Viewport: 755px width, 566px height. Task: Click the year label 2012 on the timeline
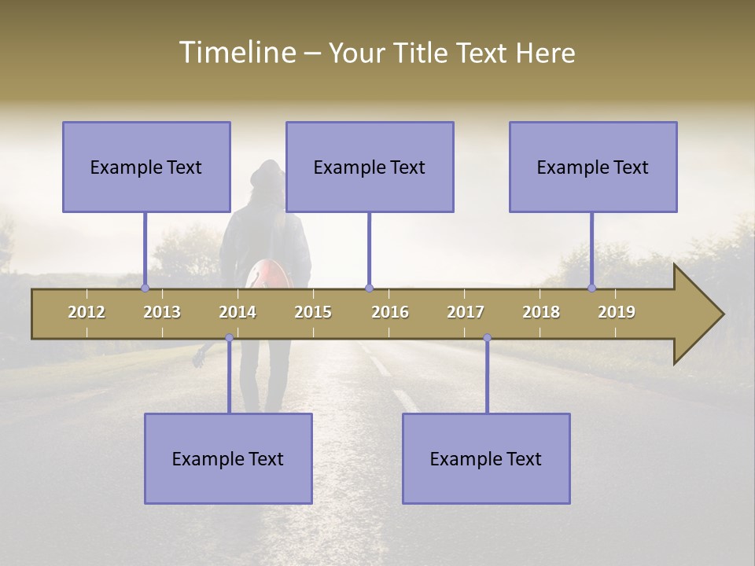click(x=87, y=312)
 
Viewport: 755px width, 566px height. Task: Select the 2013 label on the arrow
click(x=162, y=312)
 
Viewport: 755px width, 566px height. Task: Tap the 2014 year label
click(x=238, y=312)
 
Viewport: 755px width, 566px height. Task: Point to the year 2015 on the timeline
click(x=313, y=312)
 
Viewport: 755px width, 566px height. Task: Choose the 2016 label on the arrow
click(x=390, y=312)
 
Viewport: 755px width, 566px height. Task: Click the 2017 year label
click(x=466, y=312)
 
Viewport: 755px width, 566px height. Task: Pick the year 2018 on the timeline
click(x=541, y=312)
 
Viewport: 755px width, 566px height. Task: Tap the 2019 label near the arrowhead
click(x=617, y=312)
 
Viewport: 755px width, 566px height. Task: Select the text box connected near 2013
click(x=146, y=167)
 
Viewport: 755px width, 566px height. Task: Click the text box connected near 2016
click(x=370, y=167)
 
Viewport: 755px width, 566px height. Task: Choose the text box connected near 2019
click(x=593, y=167)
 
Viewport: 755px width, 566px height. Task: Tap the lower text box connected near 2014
click(x=228, y=458)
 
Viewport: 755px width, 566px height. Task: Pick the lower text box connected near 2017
click(x=486, y=458)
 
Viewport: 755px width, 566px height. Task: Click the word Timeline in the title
click(x=237, y=53)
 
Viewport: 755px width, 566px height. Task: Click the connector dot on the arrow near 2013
click(x=145, y=288)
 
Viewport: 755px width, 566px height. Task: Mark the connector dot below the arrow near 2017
click(x=487, y=338)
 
